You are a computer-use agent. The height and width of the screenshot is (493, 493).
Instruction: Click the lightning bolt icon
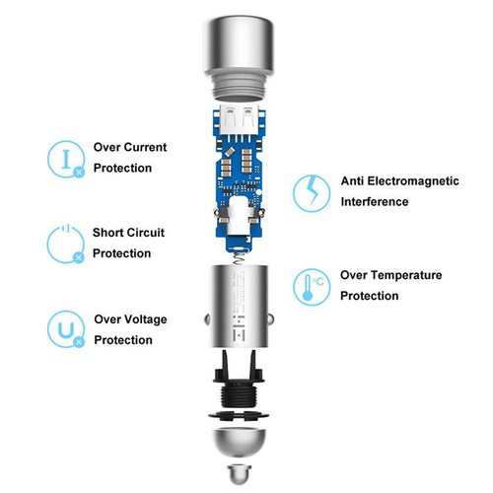point(312,193)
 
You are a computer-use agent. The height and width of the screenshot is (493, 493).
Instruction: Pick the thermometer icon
point(312,287)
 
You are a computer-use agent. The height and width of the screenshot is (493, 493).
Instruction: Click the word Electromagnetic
point(413,180)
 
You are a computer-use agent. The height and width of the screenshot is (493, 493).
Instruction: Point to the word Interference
point(375,201)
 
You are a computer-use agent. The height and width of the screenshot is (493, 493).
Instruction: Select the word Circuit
point(146,233)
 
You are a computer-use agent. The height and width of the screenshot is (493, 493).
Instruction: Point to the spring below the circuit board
point(241,258)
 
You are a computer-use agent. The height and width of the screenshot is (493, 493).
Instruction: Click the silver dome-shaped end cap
point(239,442)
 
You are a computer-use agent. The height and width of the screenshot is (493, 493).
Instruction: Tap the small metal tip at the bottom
point(240,473)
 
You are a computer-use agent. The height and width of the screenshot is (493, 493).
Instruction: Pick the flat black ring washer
point(239,415)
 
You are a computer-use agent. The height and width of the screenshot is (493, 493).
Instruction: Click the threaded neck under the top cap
point(239,86)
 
